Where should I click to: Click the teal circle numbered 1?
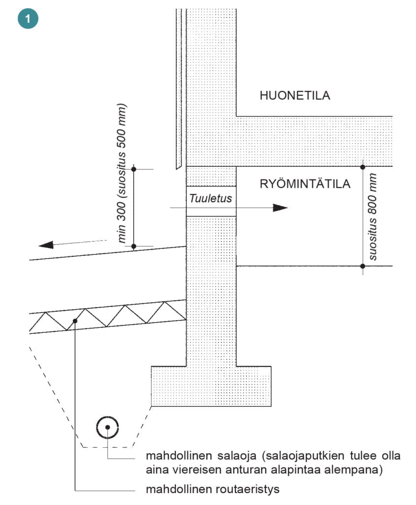(28, 19)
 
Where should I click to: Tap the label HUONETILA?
(295, 96)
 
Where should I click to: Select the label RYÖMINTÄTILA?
(305, 184)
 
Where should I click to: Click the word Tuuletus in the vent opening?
(211, 198)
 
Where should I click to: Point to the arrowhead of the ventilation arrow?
(280, 208)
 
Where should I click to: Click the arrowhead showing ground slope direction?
(46, 245)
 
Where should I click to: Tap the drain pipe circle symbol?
(108, 427)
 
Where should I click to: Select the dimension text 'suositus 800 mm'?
(372, 216)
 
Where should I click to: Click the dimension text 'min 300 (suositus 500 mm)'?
(122, 173)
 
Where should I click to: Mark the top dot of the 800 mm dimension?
(363, 167)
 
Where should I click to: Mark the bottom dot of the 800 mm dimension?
(363, 266)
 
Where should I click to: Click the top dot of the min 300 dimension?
(134, 169)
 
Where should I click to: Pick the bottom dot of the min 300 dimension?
(134, 247)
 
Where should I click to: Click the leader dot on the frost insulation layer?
(75, 321)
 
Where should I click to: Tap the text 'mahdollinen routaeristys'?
(213, 489)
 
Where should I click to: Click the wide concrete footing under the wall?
(211, 386)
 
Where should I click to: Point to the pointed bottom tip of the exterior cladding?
(177, 169)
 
